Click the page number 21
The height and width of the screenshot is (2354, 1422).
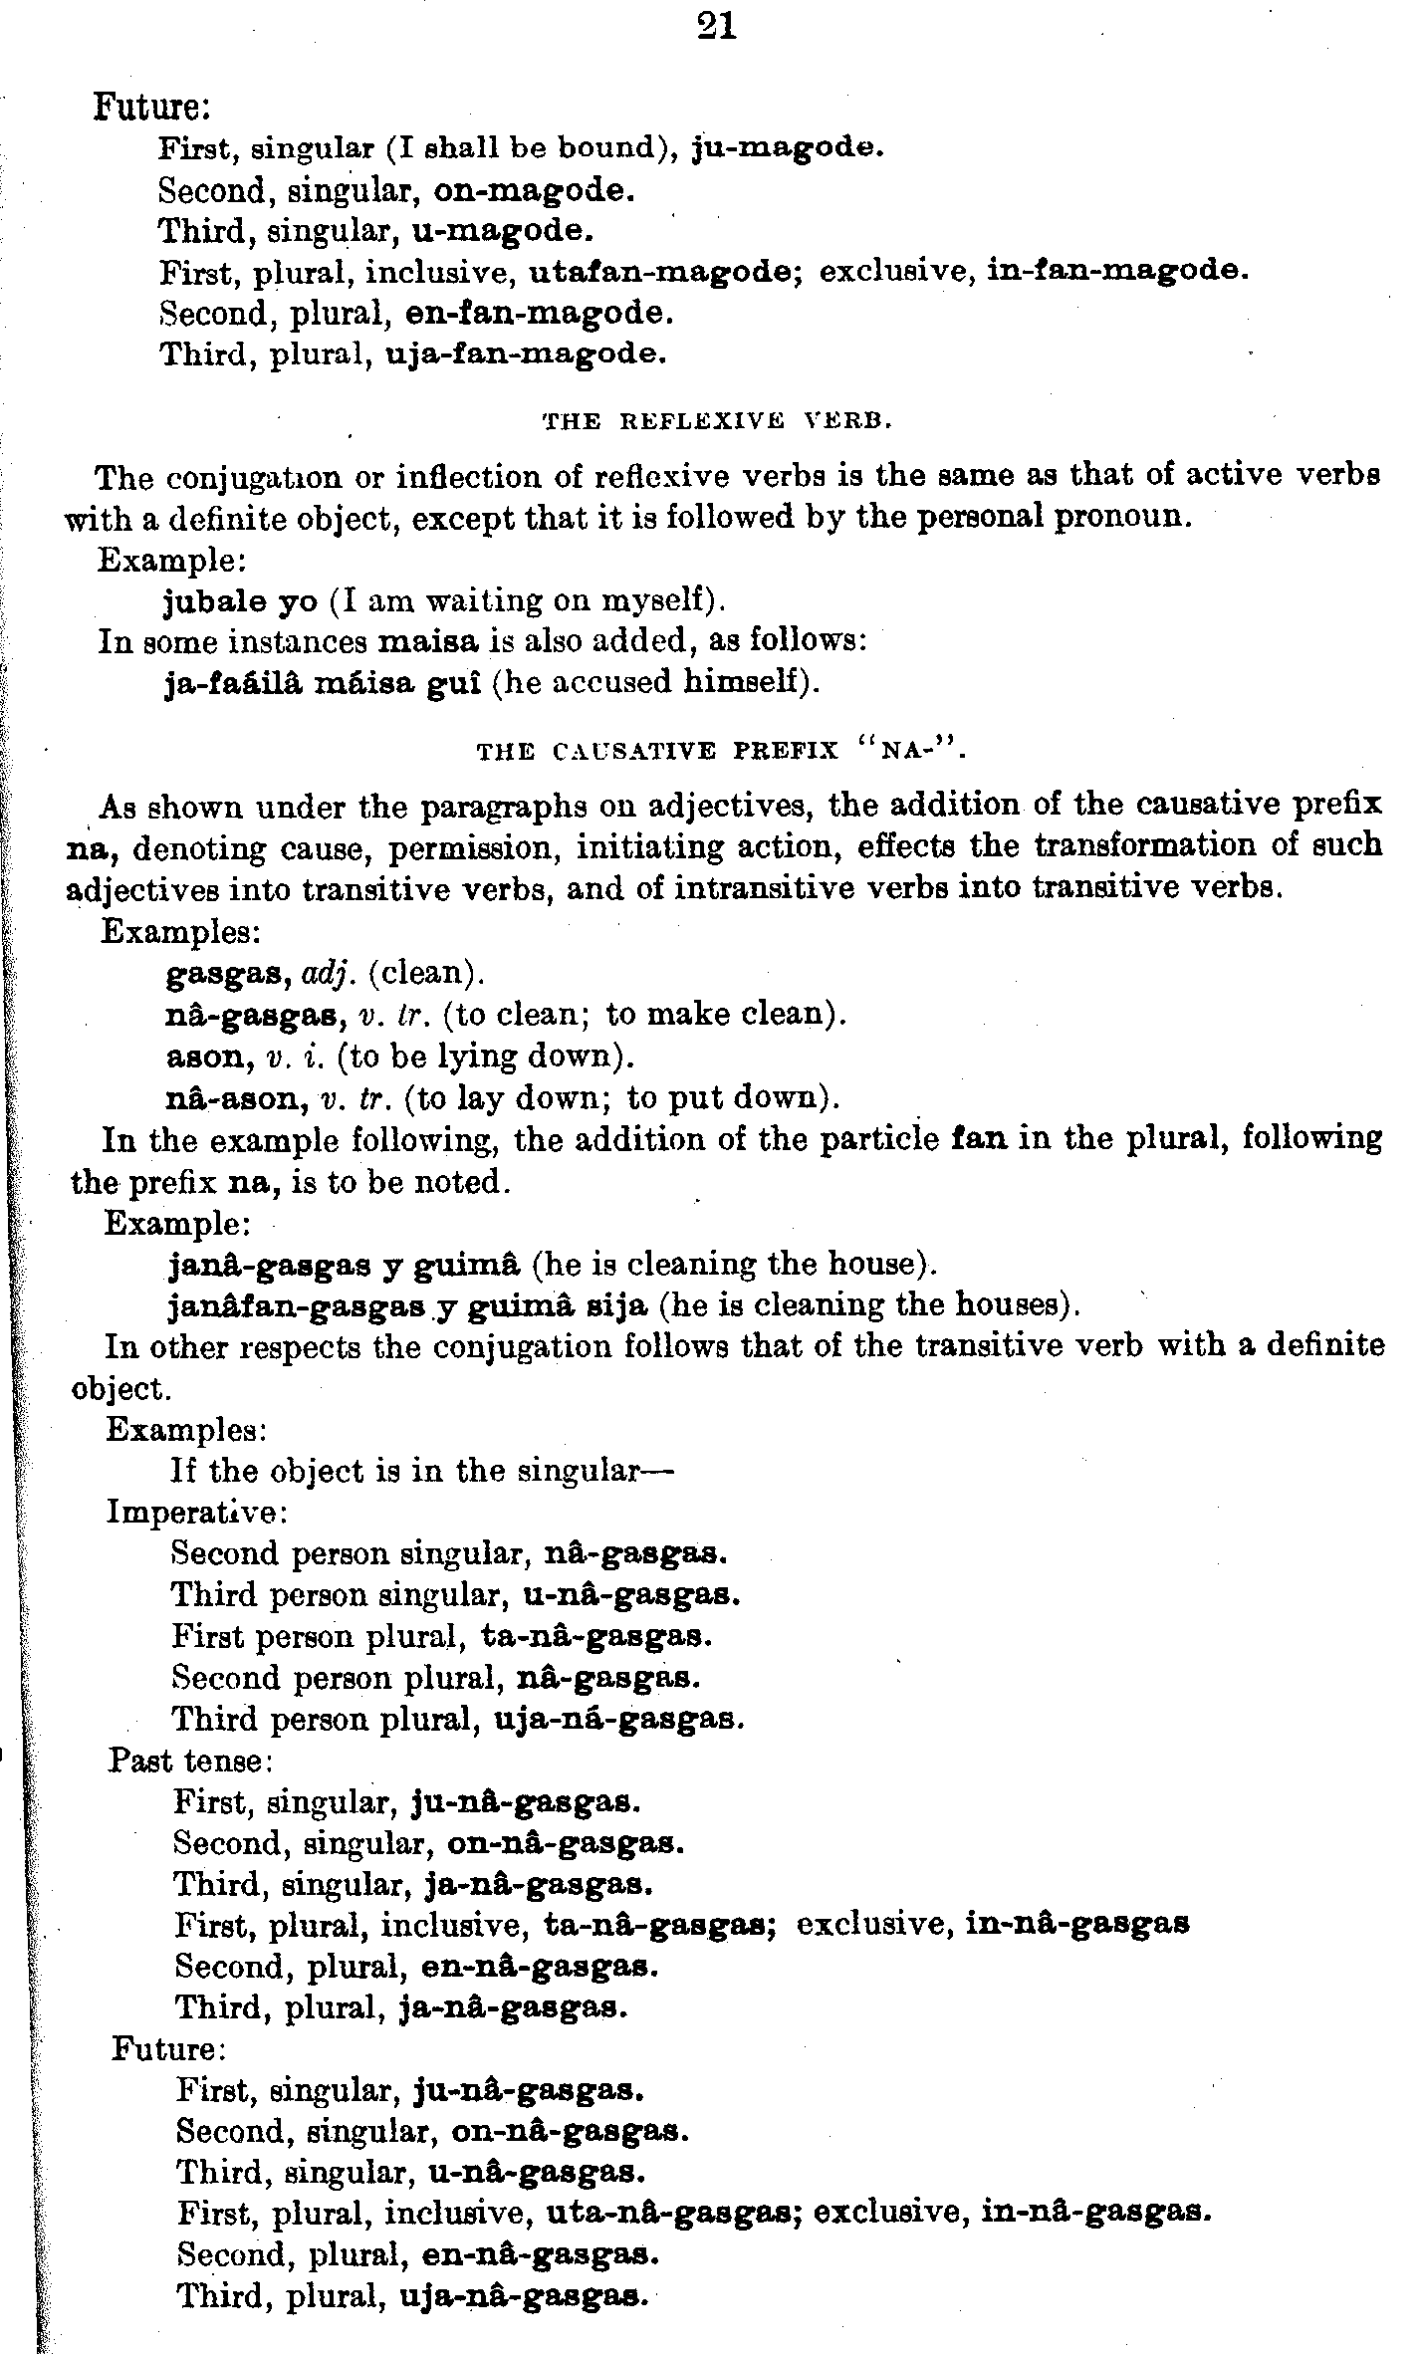(717, 27)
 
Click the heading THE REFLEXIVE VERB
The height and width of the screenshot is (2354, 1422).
(716, 421)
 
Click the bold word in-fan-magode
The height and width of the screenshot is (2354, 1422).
(1116, 271)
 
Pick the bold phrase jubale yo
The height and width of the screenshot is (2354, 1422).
(240, 601)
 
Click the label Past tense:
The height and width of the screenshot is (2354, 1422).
(190, 1762)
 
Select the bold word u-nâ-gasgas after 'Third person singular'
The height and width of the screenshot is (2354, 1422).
(631, 1595)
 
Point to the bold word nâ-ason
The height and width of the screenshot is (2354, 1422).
(235, 1098)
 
